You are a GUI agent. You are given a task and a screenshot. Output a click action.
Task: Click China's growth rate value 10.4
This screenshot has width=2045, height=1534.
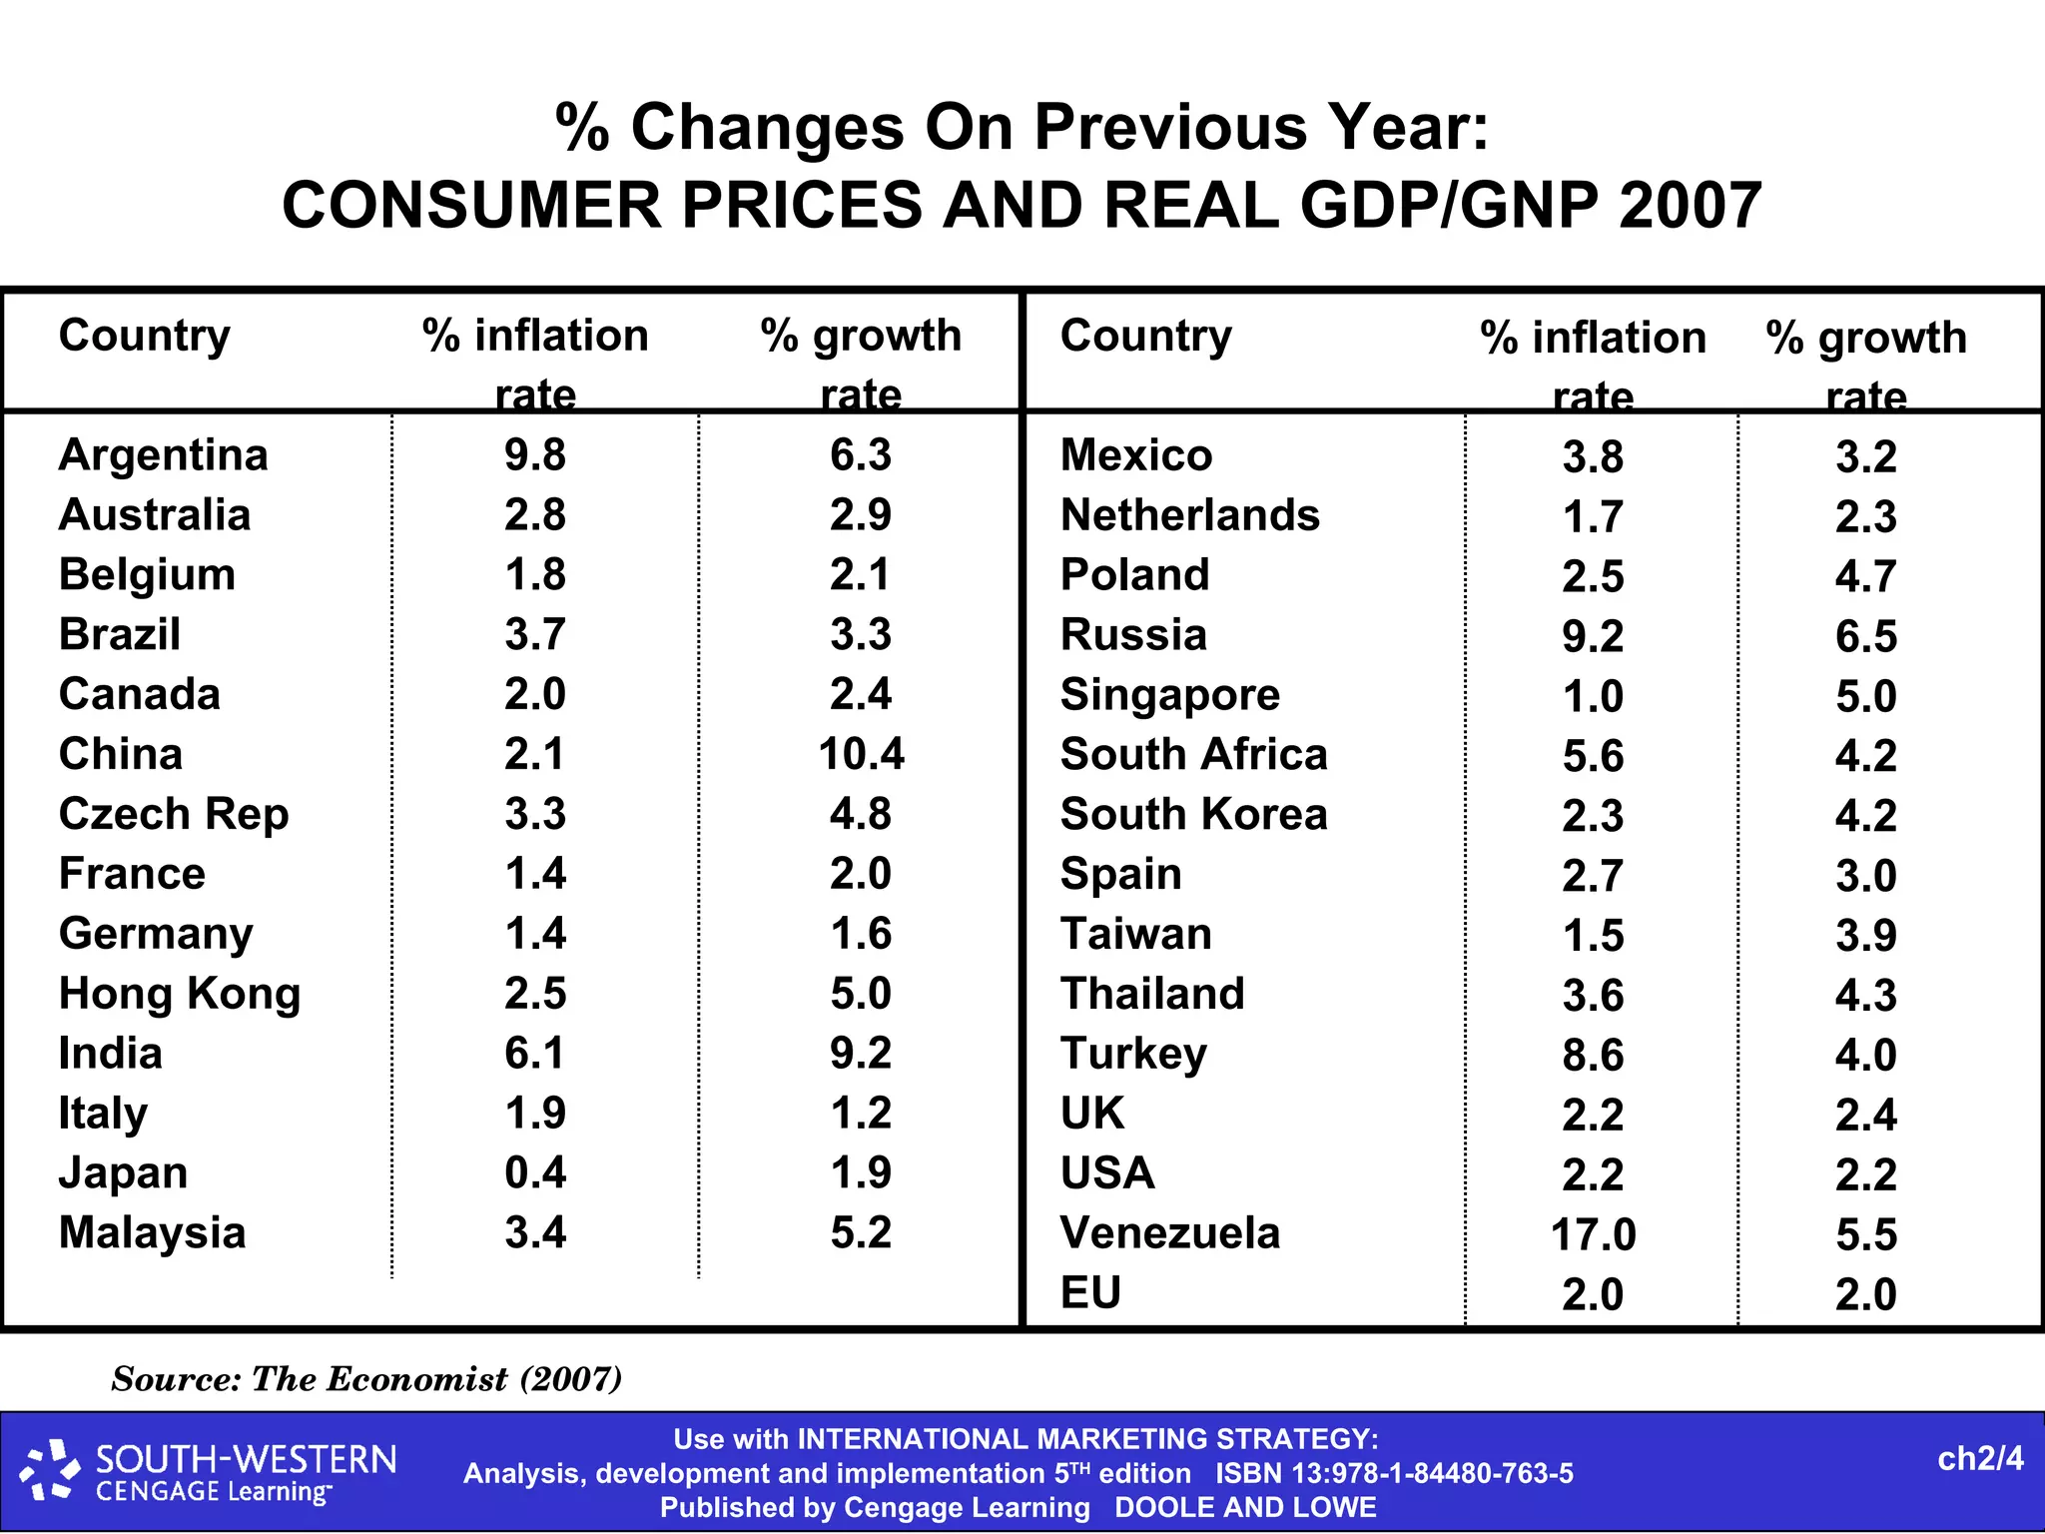click(861, 754)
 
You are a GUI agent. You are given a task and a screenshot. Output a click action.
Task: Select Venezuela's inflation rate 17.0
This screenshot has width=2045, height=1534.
click(1593, 1234)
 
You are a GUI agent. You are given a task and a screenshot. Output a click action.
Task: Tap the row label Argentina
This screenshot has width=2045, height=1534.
click(164, 455)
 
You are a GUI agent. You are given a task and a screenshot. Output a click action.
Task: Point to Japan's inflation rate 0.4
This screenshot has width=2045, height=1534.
click(535, 1172)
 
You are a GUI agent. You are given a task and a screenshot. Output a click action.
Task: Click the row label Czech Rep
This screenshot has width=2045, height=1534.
click(174, 814)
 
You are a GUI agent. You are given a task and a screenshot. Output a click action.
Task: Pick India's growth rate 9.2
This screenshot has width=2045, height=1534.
click(861, 1053)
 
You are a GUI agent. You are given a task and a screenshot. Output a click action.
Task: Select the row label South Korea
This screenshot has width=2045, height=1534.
click(1193, 814)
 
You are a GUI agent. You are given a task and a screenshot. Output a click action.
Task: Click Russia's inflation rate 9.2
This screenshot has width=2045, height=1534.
click(1593, 636)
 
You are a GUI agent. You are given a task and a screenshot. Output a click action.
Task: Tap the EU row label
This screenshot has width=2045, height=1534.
click(1090, 1293)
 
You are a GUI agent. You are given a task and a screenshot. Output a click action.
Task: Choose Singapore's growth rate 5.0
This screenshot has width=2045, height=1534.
click(1865, 696)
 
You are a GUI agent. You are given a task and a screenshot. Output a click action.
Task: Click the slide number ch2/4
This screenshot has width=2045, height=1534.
click(1979, 1459)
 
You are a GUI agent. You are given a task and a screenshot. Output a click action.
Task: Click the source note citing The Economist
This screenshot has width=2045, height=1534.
click(366, 1379)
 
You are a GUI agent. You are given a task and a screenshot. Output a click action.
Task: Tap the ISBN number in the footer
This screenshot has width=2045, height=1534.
click(1394, 1474)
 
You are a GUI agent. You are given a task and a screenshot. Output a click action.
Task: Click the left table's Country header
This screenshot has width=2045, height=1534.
click(145, 336)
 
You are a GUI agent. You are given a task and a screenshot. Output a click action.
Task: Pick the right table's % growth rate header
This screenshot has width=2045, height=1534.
click(1865, 365)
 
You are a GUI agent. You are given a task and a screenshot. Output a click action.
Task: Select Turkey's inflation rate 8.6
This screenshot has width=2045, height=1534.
click(1593, 1055)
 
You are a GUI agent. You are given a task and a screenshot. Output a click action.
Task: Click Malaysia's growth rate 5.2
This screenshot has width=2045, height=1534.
click(861, 1232)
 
